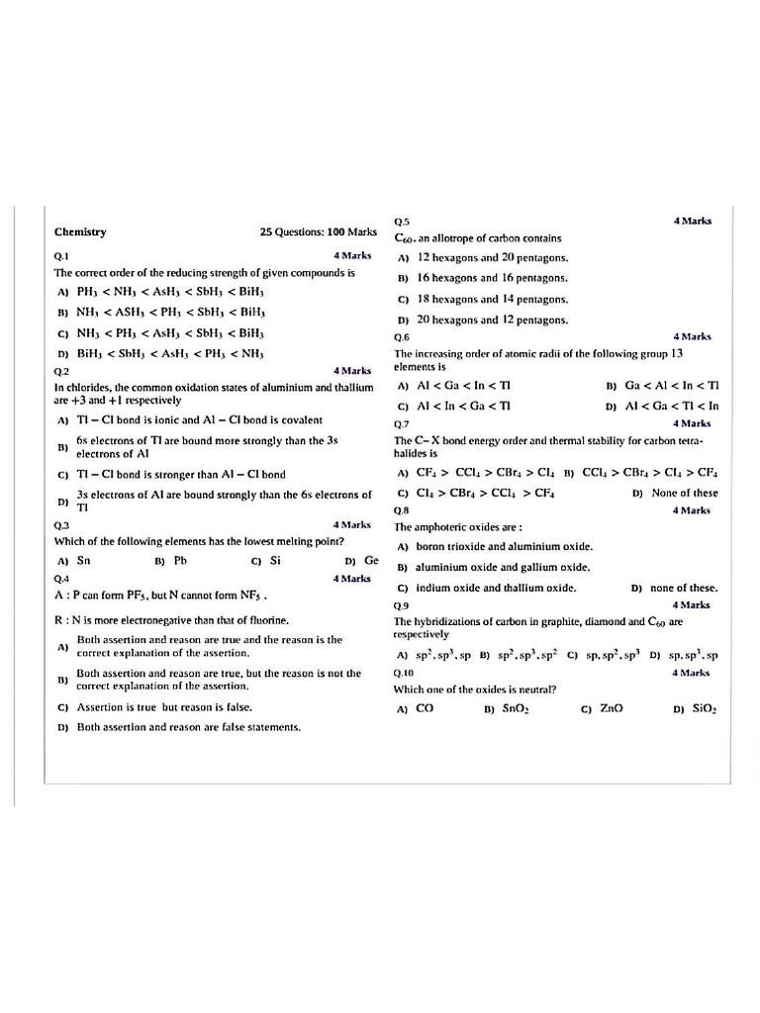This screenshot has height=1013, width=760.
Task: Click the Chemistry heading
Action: pyautogui.click(x=80, y=232)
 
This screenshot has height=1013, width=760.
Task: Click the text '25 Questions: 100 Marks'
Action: pyautogui.click(x=318, y=232)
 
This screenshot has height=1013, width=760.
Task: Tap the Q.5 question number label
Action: pyautogui.click(x=402, y=222)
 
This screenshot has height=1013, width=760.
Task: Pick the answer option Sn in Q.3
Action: pyautogui.click(x=84, y=560)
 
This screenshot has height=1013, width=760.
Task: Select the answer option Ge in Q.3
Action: pyautogui.click(x=371, y=560)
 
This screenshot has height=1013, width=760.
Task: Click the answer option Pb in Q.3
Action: pyautogui.click(x=180, y=560)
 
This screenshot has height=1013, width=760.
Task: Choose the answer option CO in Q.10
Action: pyautogui.click(x=425, y=708)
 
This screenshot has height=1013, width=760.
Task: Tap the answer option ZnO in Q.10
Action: pyautogui.click(x=612, y=708)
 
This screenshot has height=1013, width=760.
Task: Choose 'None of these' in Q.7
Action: pyautogui.click(x=685, y=493)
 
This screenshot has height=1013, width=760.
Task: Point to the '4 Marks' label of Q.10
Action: pyautogui.click(x=691, y=673)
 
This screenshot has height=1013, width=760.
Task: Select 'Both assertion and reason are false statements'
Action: pyautogui.click(x=188, y=727)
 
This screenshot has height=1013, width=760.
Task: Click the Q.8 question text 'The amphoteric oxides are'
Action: pyautogui.click(x=458, y=527)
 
